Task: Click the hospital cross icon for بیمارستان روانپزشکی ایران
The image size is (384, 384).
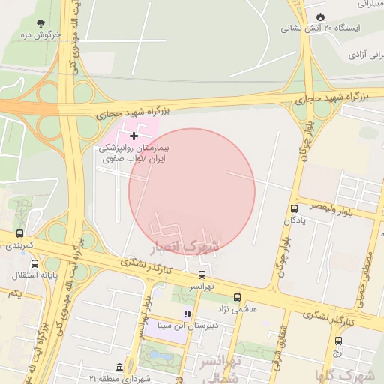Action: point(133,136)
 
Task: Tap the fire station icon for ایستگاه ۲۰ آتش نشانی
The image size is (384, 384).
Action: point(321,16)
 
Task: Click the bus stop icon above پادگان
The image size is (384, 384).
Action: point(293,208)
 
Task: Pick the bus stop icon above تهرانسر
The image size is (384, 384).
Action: point(202,274)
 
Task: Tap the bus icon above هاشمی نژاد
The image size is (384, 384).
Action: point(238,297)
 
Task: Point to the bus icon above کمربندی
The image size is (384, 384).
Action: point(19,233)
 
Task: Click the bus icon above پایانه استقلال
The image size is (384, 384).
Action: point(34,263)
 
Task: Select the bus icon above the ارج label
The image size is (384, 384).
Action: point(338,340)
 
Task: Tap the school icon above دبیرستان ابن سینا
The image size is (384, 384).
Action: point(187,313)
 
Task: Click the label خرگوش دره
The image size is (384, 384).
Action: point(40,34)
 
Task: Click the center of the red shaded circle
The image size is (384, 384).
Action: point(192,191)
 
